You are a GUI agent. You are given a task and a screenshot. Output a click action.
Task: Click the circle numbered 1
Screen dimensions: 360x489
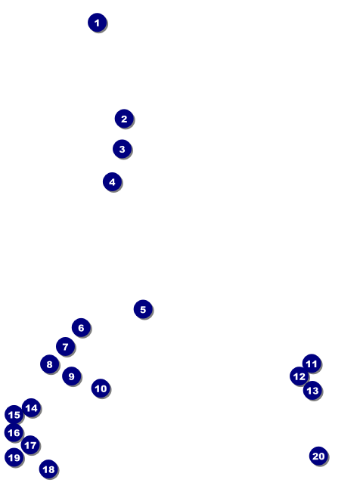pos(98,23)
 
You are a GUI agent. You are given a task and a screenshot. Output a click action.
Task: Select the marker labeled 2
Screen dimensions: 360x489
pos(124,119)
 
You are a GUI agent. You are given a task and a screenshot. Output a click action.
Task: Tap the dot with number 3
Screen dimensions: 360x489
pos(123,149)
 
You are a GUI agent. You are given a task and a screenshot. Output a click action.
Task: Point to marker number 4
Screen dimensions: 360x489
pos(112,182)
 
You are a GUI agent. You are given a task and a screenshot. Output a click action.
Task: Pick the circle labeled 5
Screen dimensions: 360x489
pos(143,309)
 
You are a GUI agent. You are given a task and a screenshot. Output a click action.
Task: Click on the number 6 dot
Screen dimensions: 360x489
pos(81,327)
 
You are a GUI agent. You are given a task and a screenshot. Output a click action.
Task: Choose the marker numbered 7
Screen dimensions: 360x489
pos(66,346)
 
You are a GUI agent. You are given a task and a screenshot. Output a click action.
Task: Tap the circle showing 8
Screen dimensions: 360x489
pos(50,364)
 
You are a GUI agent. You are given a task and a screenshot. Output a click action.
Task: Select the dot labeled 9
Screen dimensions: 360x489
pos(71,376)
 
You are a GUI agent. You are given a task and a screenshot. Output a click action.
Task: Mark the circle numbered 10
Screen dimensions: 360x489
pos(101,388)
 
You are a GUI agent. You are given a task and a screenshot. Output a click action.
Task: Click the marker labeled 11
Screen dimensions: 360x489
pos(312,364)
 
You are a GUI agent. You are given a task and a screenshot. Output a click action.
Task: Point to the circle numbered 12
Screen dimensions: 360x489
pos(299,376)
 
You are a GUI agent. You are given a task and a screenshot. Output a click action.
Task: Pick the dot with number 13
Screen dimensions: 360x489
pos(312,390)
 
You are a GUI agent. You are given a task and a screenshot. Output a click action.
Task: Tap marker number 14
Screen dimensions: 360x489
pos(31,407)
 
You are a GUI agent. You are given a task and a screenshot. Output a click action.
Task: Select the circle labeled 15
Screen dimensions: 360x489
pos(14,414)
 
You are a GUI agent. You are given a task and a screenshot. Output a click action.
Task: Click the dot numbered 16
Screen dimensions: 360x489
pos(14,432)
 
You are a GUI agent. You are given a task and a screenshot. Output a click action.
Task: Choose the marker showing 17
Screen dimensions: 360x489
pos(30,444)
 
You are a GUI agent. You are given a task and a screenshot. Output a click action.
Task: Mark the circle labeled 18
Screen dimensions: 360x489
pos(48,469)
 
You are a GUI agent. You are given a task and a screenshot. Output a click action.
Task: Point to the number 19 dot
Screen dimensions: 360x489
pos(14,457)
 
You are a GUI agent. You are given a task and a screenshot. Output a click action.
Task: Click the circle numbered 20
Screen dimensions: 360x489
pos(318,456)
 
